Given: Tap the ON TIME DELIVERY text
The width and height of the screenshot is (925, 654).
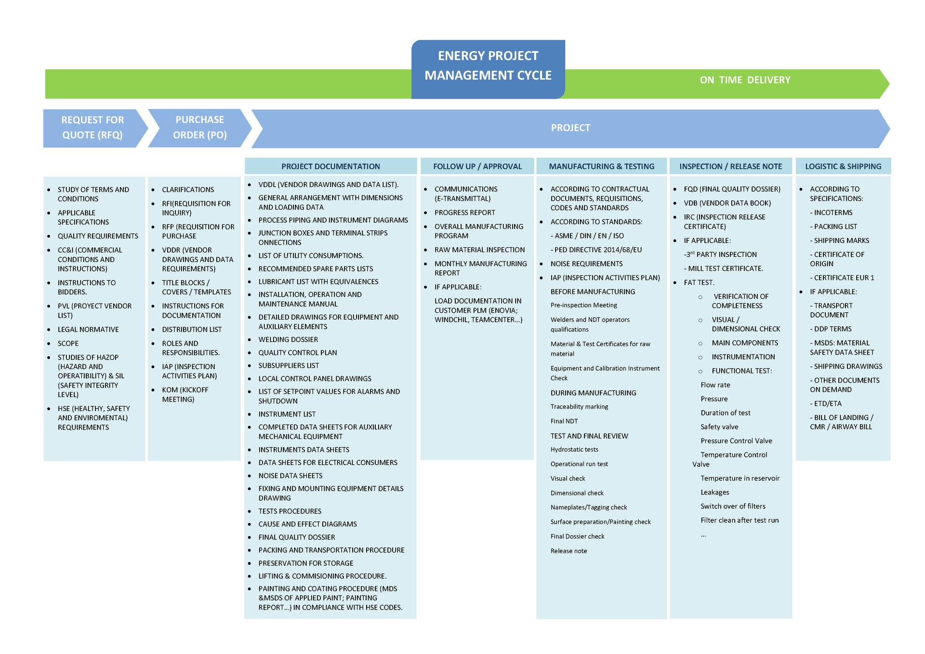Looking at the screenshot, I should (x=745, y=80).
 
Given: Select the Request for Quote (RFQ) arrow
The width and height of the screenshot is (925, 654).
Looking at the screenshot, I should (x=92, y=128).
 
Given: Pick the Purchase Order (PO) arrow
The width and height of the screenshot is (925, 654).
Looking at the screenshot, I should (x=199, y=128).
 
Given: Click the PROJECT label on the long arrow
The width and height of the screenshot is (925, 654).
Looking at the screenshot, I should (x=570, y=128).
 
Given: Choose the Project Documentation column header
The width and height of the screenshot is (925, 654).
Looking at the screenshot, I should (x=330, y=166).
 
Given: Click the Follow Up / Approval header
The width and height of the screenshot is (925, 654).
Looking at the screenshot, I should (x=477, y=166).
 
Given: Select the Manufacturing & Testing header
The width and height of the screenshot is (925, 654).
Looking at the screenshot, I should (x=601, y=166).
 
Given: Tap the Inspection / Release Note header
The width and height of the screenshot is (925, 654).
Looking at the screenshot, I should (x=730, y=166).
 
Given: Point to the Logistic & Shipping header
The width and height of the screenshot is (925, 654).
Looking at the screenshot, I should (x=843, y=166).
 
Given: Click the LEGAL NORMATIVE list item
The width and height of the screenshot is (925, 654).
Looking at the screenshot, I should (x=88, y=330).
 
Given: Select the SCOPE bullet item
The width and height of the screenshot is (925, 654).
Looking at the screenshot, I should (x=68, y=344).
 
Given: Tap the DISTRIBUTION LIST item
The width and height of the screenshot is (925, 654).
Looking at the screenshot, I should (x=192, y=330).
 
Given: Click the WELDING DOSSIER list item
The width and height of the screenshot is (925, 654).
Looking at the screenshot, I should (x=288, y=340).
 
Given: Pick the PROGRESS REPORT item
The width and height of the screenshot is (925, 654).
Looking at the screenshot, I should (x=464, y=213).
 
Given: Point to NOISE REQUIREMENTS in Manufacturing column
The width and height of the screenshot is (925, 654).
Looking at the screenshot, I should (x=586, y=264).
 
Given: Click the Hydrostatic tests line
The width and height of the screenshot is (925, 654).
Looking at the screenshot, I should (x=574, y=450).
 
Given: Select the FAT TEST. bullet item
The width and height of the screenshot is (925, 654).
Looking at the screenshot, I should (x=699, y=282).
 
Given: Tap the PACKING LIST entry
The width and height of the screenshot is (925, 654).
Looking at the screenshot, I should (x=835, y=227).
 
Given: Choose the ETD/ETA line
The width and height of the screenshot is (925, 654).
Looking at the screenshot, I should (x=828, y=404).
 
